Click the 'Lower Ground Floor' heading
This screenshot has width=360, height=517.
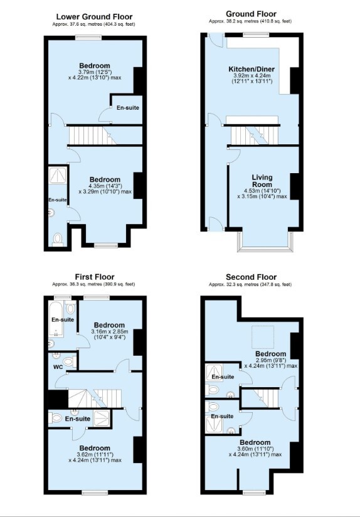[x=95, y=16]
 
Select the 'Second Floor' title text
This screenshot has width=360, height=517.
[x=251, y=277]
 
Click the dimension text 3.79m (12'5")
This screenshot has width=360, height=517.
[x=95, y=72]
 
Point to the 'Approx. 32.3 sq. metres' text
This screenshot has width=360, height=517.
[x=251, y=285]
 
